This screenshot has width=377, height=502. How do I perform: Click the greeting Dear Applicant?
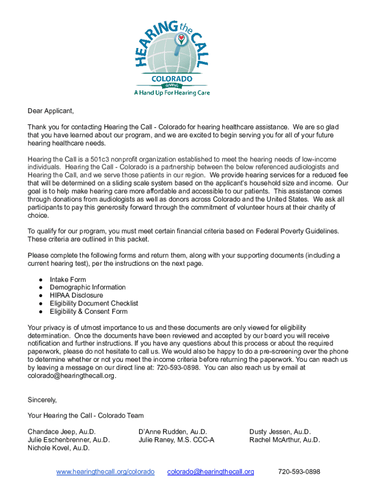click(x=50, y=111)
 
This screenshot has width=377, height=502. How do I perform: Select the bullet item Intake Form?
click(x=68, y=279)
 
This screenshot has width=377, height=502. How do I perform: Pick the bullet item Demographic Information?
click(x=88, y=287)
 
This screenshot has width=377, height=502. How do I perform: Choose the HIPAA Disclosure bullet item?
click(x=76, y=295)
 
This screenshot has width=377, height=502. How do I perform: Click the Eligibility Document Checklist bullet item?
click(x=94, y=303)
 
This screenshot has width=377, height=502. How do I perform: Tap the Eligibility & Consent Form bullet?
click(x=89, y=311)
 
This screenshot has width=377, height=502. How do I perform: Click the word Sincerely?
click(x=42, y=400)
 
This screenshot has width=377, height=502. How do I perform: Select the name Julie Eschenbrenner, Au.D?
click(x=69, y=440)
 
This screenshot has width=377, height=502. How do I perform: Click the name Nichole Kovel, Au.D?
click(x=59, y=448)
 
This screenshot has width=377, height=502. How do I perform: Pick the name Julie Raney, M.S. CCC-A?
click(x=176, y=440)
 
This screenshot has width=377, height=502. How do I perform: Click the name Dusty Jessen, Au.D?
click(x=280, y=432)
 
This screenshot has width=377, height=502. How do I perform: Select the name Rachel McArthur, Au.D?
click(x=284, y=440)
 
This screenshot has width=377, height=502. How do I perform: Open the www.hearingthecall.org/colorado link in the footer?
click(x=105, y=472)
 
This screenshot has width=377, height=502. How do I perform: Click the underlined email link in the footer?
click(x=211, y=472)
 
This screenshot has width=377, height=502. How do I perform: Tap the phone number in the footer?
click(x=299, y=472)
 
